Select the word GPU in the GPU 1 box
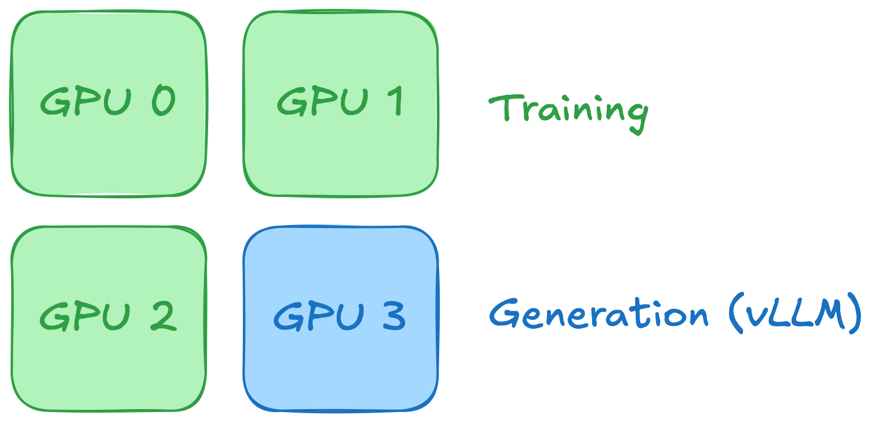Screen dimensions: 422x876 (321, 101)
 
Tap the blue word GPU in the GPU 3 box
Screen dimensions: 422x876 (318, 316)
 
